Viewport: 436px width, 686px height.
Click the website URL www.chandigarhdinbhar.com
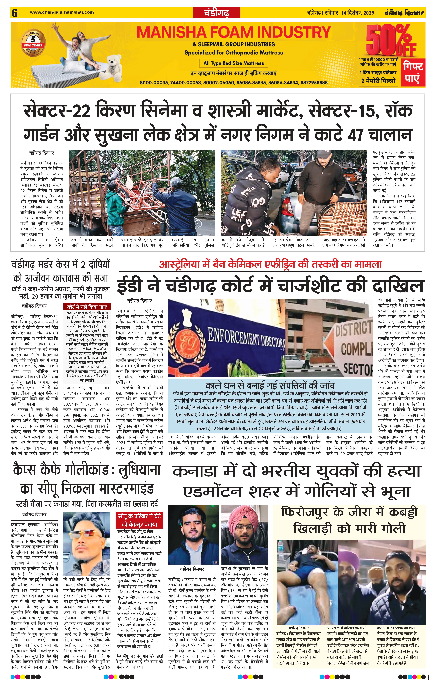(x=62, y=12)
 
